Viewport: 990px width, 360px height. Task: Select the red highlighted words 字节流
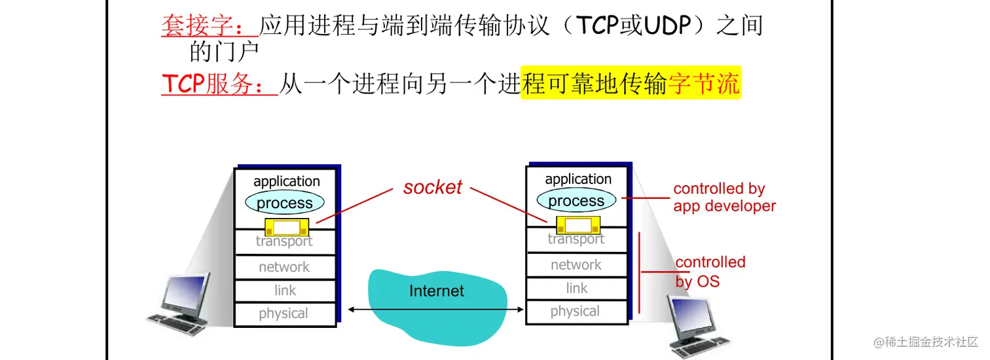(704, 84)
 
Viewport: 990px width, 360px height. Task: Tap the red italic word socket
(432, 187)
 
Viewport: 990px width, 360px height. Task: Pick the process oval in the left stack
(284, 203)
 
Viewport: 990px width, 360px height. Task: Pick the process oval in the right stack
(576, 201)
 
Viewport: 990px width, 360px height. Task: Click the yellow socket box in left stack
(286, 228)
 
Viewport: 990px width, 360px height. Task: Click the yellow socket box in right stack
(577, 225)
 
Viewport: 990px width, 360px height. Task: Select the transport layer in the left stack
(284, 242)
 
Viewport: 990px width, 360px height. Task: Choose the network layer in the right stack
(576, 265)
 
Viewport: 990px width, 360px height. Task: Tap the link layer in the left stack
(285, 291)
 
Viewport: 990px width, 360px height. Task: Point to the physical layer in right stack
(576, 312)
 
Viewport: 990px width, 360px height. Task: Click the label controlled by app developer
(724, 197)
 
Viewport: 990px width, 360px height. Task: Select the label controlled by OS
(710, 272)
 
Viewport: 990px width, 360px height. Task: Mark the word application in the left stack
(286, 181)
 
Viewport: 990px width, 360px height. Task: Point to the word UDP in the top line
(672, 26)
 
